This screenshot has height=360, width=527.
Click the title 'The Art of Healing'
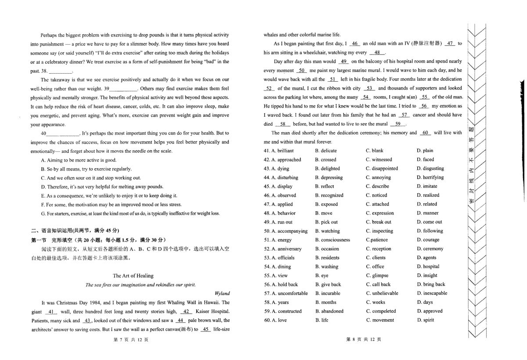[133, 276]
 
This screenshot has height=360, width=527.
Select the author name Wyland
[222, 293]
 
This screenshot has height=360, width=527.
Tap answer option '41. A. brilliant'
[279, 151]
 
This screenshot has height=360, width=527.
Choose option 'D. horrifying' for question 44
[430, 177]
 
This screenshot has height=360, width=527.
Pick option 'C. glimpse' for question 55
[377, 275]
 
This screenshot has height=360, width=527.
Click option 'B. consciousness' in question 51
[332, 240]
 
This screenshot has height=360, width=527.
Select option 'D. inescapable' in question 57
[432, 293]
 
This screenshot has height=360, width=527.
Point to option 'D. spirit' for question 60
[425, 320]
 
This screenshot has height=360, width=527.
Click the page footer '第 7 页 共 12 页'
[131, 339]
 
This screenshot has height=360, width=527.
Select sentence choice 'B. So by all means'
[86, 169]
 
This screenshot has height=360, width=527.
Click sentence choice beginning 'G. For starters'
[130, 213]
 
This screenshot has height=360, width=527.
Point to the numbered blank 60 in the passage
[425, 133]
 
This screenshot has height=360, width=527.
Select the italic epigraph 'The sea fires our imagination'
[141, 284]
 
